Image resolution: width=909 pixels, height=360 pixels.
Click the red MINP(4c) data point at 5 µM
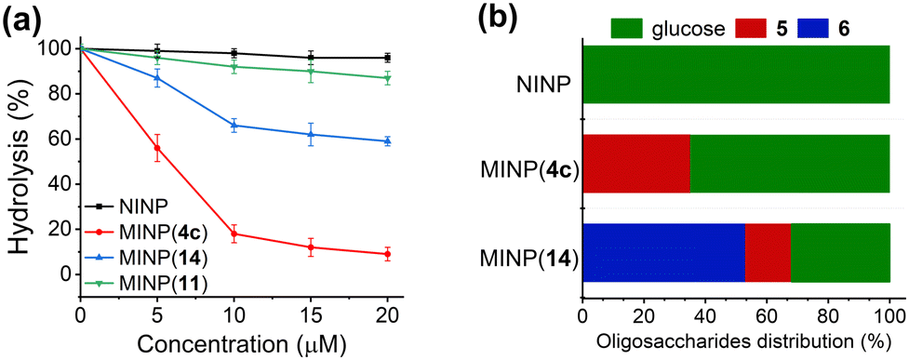pos(157,148)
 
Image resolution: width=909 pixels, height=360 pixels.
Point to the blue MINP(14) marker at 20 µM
pos(386,140)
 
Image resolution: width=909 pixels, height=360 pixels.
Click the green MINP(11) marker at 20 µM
pos(386,78)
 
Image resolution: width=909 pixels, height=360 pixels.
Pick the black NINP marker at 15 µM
pos(310,58)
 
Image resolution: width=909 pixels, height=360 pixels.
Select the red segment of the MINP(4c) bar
pos(635,164)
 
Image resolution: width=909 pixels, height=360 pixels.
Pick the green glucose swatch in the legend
pos(641,27)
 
